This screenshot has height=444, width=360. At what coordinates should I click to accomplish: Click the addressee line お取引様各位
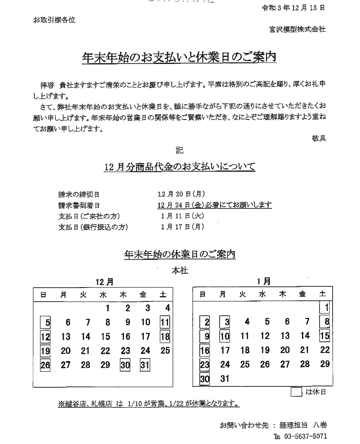54,20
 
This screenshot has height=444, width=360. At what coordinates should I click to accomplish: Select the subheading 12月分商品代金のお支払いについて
180,167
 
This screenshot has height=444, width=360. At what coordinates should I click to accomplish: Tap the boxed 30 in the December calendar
126,365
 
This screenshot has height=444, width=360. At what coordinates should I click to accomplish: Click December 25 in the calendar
165,351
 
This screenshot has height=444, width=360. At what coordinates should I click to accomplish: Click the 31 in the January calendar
225,380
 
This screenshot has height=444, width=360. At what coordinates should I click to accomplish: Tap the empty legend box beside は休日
297,392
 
